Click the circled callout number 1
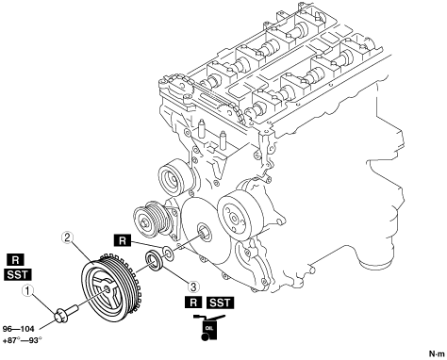pos(28,291)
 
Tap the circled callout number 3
pos(194,286)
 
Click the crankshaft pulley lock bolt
pos(67,312)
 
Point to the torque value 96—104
pos(18,329)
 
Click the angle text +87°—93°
pos(23,340)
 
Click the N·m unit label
pos(437,353)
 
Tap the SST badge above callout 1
pos(18,275)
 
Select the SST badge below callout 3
pos(221,303)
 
